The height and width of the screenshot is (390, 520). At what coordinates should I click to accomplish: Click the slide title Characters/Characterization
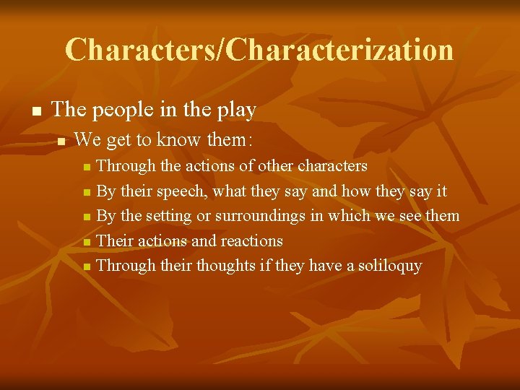pos(259,50)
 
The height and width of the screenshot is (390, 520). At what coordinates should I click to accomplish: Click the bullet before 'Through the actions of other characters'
pos(87,168)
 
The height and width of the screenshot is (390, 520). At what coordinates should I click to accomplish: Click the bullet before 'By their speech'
pos(87,193)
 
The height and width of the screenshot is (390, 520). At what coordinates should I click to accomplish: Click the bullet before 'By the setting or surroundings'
pos(87,217)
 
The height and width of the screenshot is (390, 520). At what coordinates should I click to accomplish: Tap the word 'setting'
pos(168,216)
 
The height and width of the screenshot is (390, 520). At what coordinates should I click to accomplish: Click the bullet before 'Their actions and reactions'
pos(87,242)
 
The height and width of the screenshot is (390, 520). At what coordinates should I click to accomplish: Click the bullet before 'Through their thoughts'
pos(87,267)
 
